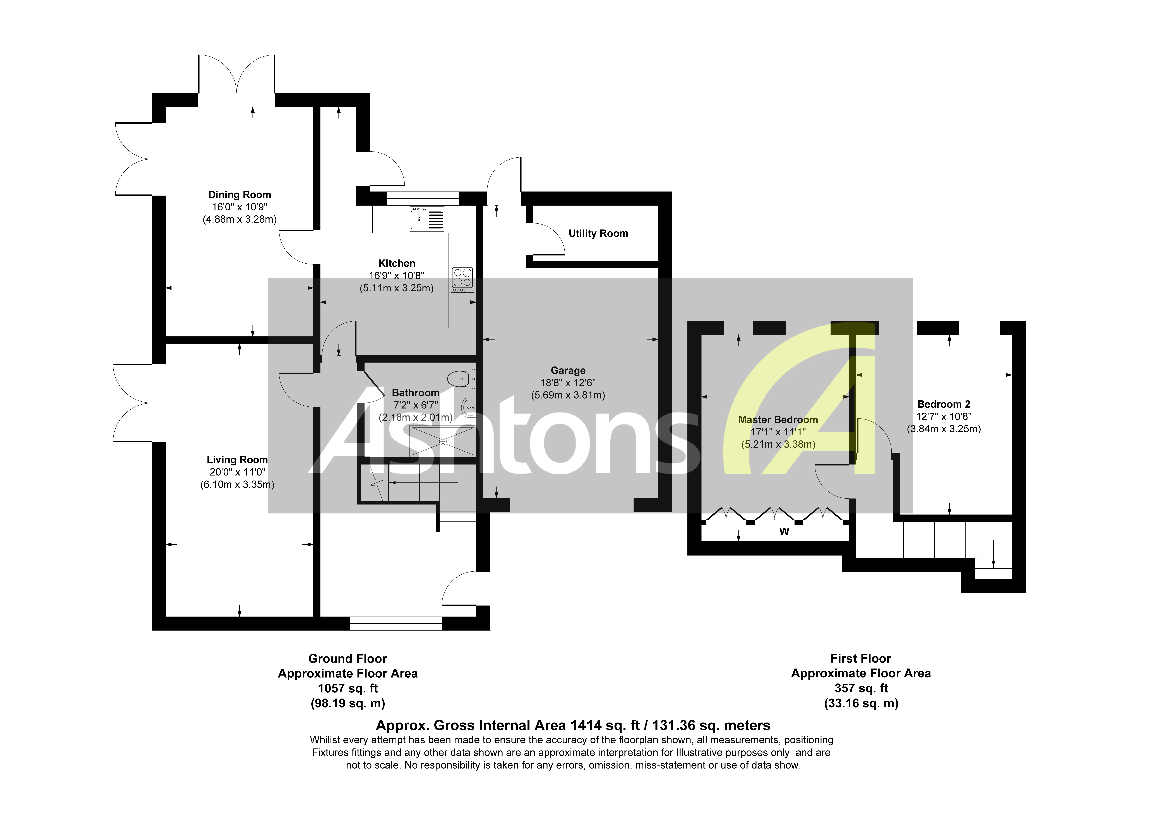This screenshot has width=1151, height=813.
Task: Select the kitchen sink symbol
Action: point(427,219)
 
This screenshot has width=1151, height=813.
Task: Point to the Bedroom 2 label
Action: point(944,404)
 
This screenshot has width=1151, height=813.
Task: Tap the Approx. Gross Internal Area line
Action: point(573,725)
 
